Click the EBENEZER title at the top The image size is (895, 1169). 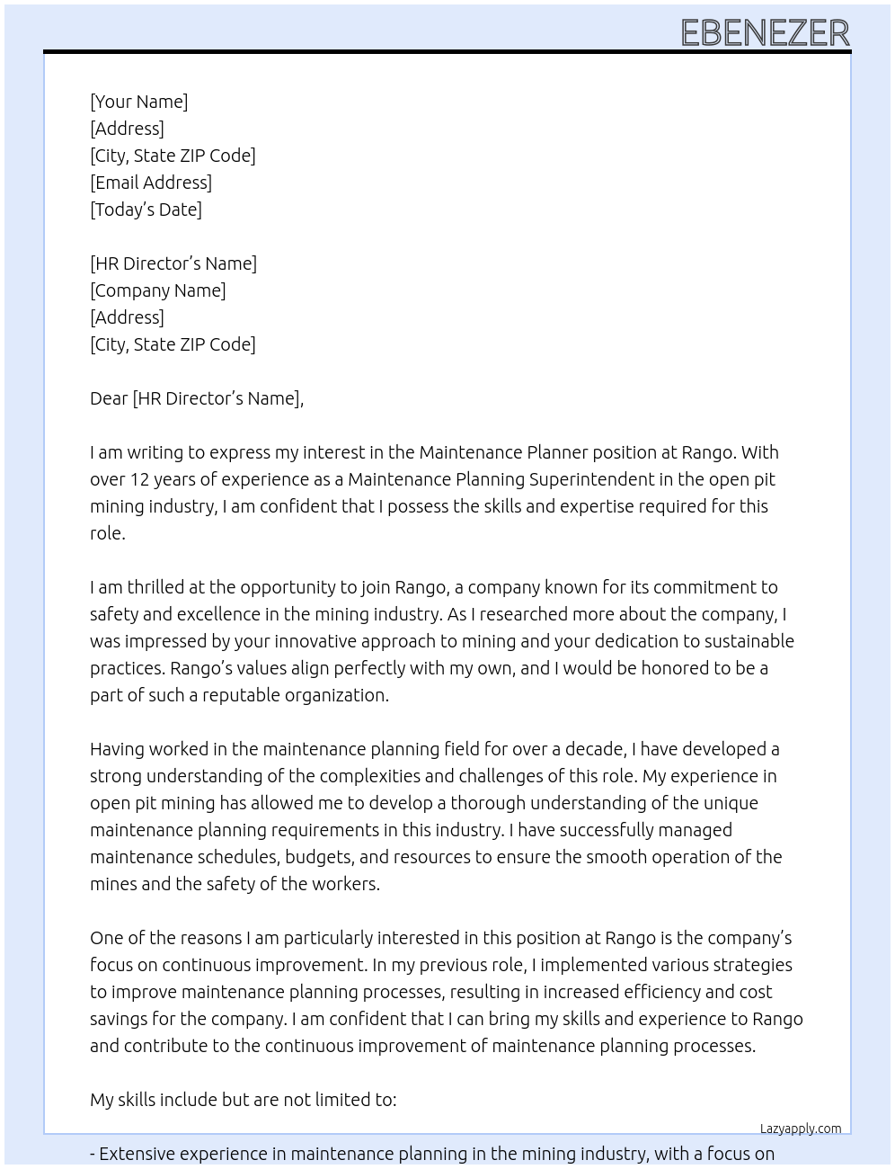765,32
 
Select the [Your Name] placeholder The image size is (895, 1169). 139,102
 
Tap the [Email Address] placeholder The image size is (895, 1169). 151,183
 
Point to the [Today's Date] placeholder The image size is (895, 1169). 146,210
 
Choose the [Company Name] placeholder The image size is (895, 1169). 158,290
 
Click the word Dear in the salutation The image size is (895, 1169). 109,398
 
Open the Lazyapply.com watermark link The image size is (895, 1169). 801,1129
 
